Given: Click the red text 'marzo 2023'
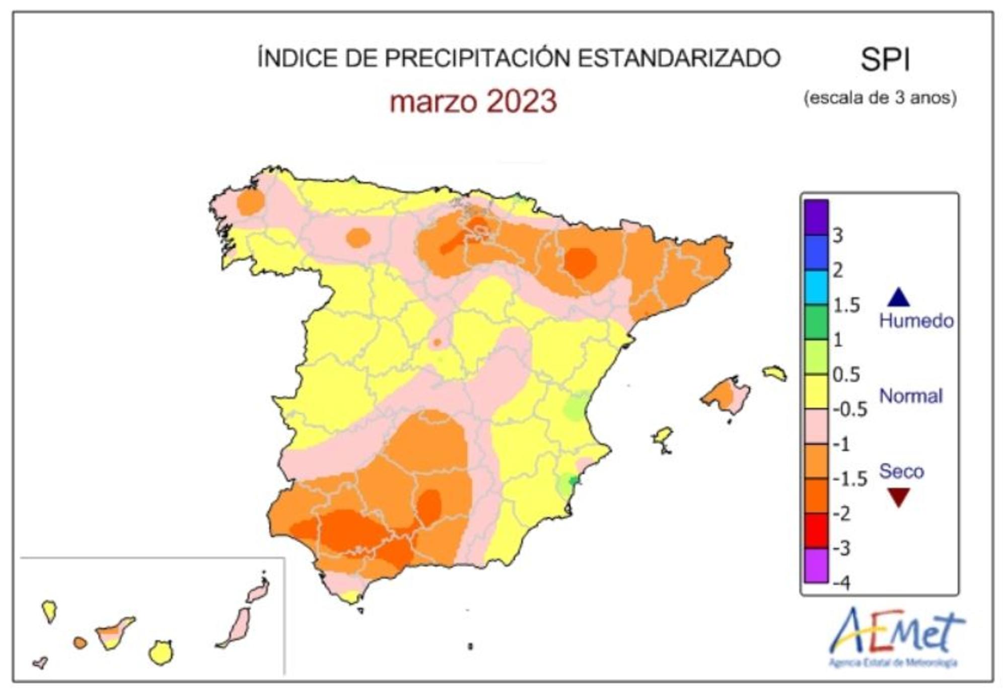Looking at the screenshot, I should pyautogui.click(x=473, y=101).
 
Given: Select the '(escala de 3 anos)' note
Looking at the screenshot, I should pyautogui.click(x=880, y=97).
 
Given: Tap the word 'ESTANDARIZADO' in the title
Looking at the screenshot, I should pyautogui.click(x=679, y=58).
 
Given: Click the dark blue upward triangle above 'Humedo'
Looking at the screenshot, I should pyautogui.click(x=898, y=297).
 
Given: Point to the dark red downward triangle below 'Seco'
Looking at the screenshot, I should pyautogui.click(x=898, y=497).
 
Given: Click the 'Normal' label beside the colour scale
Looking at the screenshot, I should pyautogui.click(x=910, y=396).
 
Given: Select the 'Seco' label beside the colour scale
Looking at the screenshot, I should pyautogui.click(x=901, y=471).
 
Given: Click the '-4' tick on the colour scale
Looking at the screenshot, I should pyautogui.click(x=841, y=583).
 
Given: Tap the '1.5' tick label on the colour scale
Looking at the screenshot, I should pyautogui.click(x=846, y=305).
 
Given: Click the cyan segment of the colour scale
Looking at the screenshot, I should pyautogui.click(x=816, y=287).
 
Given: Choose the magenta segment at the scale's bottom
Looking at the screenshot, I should pyautogui.click(x=816, y=565).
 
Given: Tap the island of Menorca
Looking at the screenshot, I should pyautogui.click(x=774, y=373).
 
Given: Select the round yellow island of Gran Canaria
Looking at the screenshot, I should pyautogui.click(x=161, y=653).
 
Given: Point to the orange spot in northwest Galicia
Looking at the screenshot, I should pyautogui.click(x=250, y=202).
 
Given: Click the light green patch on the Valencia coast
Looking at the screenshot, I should pyautogui.click(x=576, y=407).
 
